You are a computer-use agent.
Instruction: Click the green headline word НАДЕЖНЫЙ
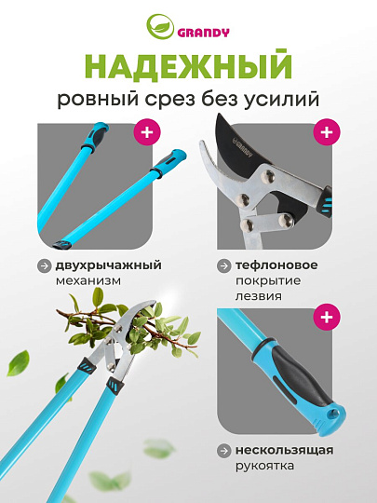click(189, 66)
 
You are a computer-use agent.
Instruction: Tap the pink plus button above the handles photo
click(146, 132)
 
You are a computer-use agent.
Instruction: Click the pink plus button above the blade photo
click(325, 132)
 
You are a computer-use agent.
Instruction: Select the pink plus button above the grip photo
click(325, 319)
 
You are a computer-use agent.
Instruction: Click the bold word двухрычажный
click(103, 265)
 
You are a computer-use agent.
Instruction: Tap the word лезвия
click(258, 297)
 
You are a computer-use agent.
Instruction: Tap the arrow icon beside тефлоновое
click(223, 265)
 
